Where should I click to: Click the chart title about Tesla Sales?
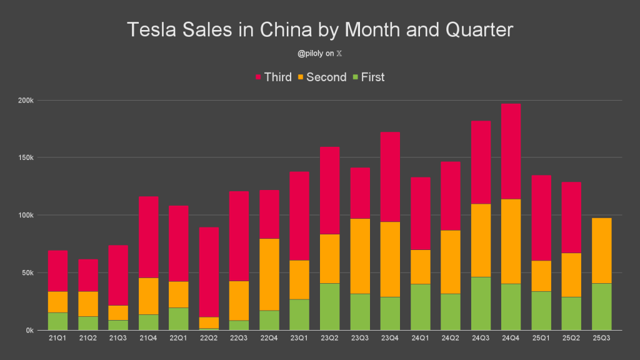click(x=320, y=30)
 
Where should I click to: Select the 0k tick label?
click(x=29, y=330)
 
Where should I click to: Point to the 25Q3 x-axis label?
click(x=601, y=339)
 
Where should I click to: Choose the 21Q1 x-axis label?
click(x=57, y=339)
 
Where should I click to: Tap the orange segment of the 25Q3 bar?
click(x=601, y=251)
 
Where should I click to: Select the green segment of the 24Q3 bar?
click(x=480, y=303)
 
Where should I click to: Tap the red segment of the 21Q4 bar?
click(x=149, y=237)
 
